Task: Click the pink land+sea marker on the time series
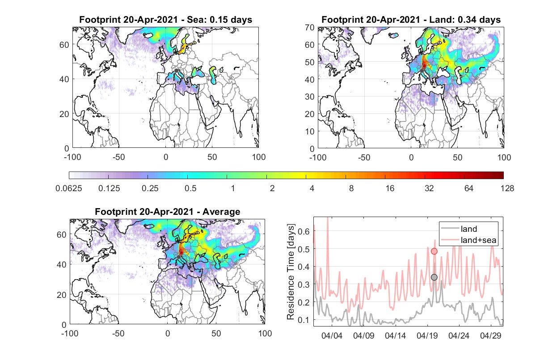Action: pyautogui.click(x=434, y=251)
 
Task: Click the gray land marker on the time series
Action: pyautogui.click(x=434, y=277)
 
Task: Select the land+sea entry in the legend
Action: pyautogui.click(x=478, y=240)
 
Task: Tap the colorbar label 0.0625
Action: pyautogui.click(x=69, y=188)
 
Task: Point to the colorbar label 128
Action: pyautogui.click(x=507, y=188)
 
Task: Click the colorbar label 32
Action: pyautogui.click(x=429, y=188)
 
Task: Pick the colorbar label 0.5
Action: pyautogui.click(x=190, y=188)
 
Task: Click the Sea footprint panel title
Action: pyautogui.click(x=165, y=20)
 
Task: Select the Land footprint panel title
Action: pyautogui.click(x=411, y=20)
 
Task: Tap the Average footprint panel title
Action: pyautogui.click(x=168, y=212)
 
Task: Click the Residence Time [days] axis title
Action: pyautogui.click(x=291, y=272)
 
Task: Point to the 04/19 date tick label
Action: pyautogui.click(x=427, y=336)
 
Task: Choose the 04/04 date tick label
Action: pyautogui.click(x=332, y=336)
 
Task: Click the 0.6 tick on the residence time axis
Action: pyautogui.click(x=304, y=231)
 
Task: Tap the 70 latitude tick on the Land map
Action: pyautogui.click(x=310, y=27)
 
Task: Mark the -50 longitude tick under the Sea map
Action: pyautogui.click(x=118, y=157)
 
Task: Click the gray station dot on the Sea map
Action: pyautogui.click(x=176, y=71)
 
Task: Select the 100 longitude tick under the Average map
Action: pyautogui.click(x=265, y=333)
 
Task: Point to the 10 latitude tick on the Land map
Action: pyautogui.click(x=310, y=131)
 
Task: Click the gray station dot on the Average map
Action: pyautogui.click(x=178, y=257)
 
